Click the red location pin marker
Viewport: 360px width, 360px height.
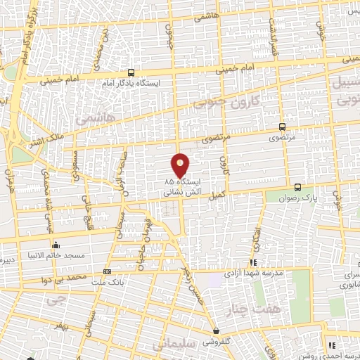coord(181,165)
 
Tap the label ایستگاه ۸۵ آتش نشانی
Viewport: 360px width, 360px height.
coord(181,186)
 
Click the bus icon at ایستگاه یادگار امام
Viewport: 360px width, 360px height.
coord(131,72)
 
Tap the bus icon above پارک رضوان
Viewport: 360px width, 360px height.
coord(298,187)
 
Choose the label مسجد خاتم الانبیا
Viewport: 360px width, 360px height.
coord(56,255)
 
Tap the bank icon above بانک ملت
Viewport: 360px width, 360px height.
coord(107,271)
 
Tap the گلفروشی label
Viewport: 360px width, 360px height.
coord(217,342)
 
